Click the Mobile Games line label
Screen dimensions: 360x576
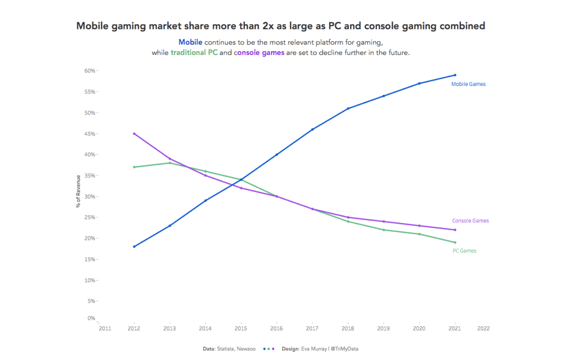(468, 84)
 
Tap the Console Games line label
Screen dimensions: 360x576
(470, 221)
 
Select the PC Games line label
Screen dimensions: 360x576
(464, 251)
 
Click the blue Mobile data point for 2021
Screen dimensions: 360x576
(455, 75)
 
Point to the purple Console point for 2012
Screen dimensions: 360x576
(134, 134)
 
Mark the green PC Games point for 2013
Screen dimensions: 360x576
(170, 163)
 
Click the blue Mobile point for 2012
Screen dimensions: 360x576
(134, 246)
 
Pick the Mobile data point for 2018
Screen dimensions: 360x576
(348, 108)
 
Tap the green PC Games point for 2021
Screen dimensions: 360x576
(455, 242)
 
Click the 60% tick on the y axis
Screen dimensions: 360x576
(90, 71)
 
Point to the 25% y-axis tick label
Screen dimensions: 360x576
(90, 218)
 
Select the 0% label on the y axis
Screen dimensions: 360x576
(91, 318)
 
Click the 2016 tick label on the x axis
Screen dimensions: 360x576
(276, 329)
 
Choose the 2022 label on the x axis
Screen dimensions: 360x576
(483, 329)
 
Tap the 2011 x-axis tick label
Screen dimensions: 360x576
(105, 329)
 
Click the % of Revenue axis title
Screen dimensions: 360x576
(78, 191)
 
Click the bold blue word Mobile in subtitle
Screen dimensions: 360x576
(190, 42)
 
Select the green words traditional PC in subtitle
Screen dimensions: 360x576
(194, 53)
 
